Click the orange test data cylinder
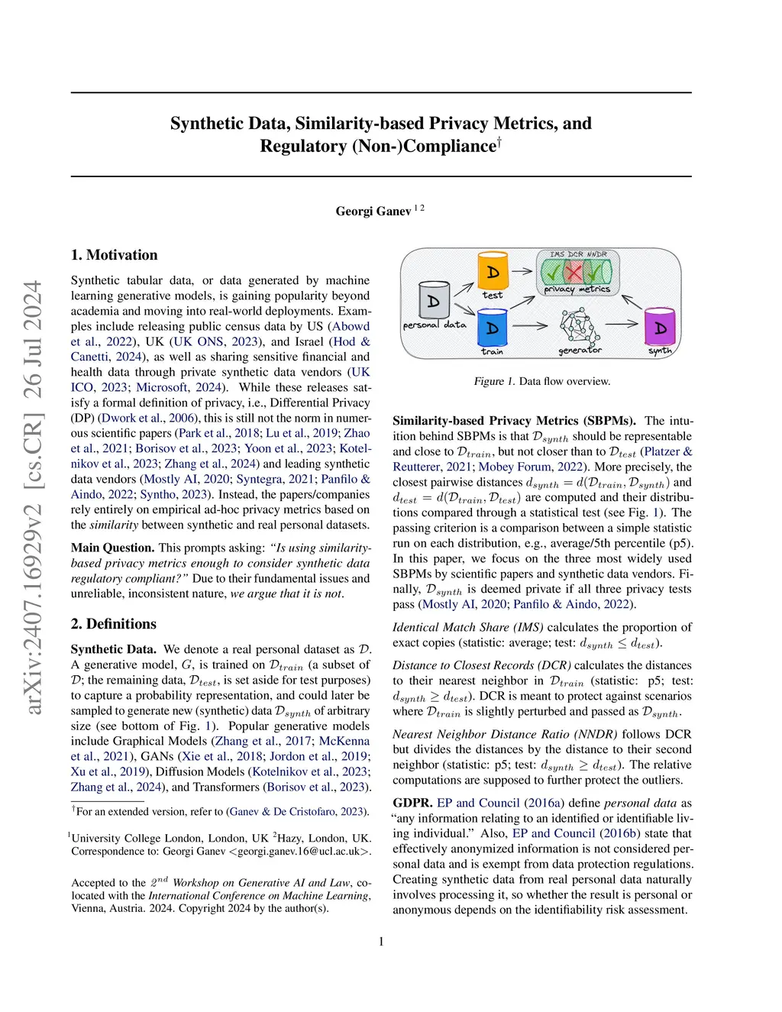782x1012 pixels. pos(493,271)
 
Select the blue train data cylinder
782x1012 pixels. pos(492,327)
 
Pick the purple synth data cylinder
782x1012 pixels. pos(660,327)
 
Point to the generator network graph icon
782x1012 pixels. pos(578,326)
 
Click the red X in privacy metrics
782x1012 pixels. pos(573,271)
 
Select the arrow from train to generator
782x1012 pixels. pos(530,326)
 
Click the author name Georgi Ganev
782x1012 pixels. pos(373,211)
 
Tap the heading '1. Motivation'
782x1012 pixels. pos(114,255)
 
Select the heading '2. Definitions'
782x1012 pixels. pos(113,624)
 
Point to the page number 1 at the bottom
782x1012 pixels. pos(381,942)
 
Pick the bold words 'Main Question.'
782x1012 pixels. pos(112,548)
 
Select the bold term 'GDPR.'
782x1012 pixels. pos(412,803)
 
